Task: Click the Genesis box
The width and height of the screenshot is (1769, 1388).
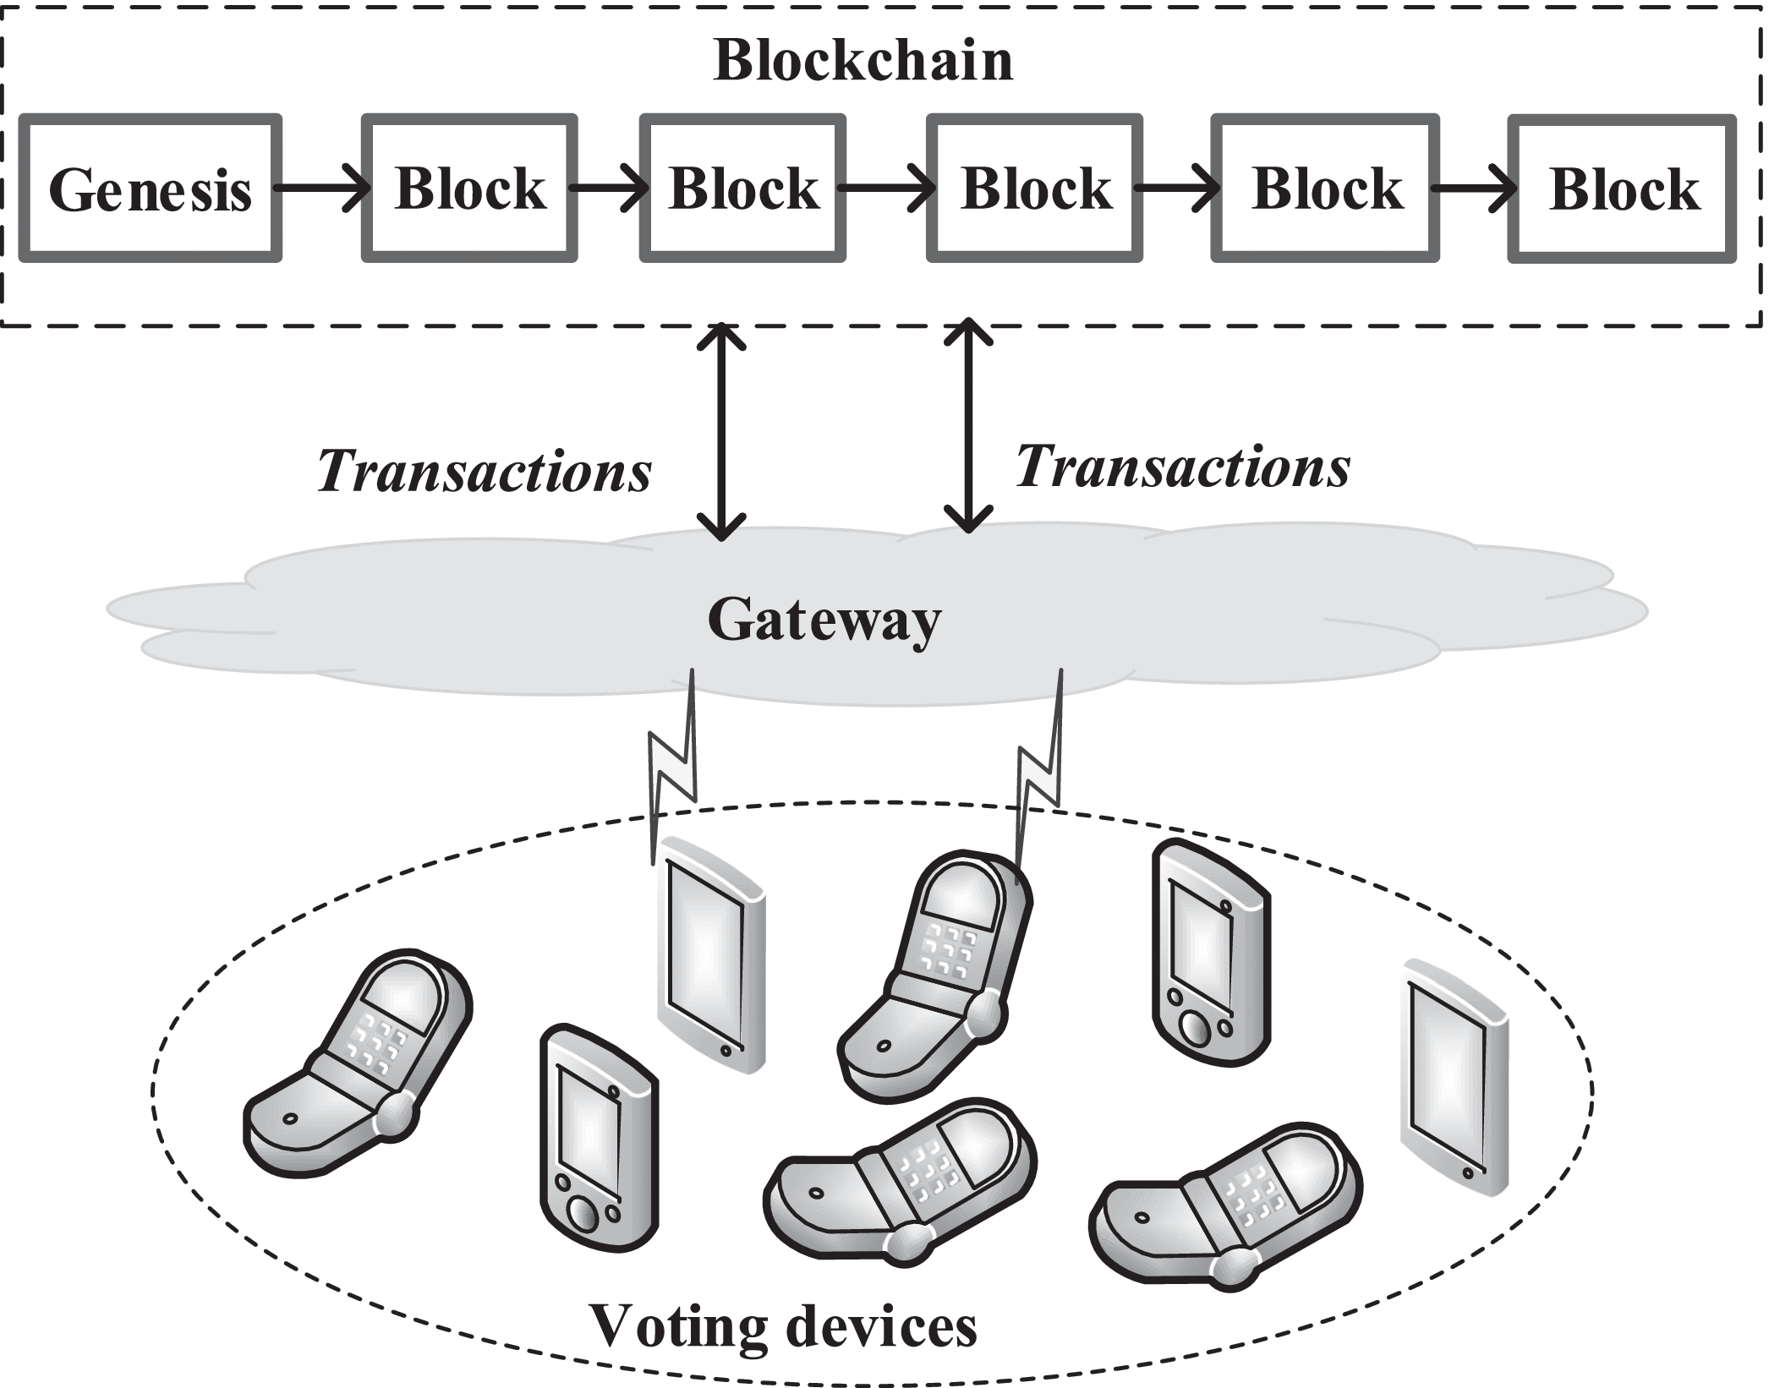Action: coord(150,189)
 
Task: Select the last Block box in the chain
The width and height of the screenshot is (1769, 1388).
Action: coord(1623,189)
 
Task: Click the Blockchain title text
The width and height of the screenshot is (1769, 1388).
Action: coord(863,61)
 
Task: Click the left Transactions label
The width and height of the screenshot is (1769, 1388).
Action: coord(485,471)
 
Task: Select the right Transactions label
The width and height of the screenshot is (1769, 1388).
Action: coord(1182,467)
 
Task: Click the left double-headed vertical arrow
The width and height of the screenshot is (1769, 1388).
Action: coord(720,431)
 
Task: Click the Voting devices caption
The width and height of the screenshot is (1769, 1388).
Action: coord(782,1325)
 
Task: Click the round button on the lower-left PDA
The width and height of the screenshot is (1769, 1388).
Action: coord(582,1212)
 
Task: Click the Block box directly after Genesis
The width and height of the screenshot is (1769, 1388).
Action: coord(469,189)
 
